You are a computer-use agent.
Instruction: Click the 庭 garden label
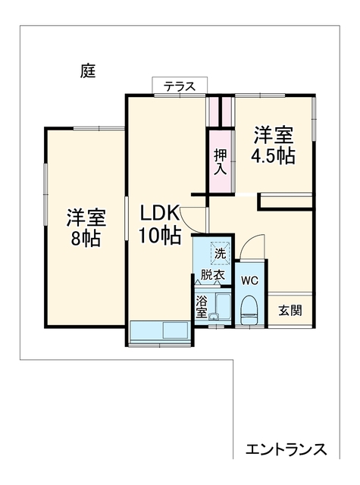[88, 71]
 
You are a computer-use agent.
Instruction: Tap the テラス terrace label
[180, 86]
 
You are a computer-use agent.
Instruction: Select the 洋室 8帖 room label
[86, 228]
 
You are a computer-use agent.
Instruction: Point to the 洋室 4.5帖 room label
[273, 145]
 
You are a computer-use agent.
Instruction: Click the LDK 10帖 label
[159, 224]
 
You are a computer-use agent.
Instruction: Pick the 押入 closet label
[221, 161]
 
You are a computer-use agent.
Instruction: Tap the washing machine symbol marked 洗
[221, 253]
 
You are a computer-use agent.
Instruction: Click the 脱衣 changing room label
[212, 274]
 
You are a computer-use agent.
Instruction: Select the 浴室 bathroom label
[202, 308]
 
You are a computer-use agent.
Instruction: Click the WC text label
[249, 281]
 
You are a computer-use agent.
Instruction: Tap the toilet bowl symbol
[249, 310]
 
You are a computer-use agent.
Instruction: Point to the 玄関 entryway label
[290, 311]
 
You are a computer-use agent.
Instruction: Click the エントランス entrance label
[286, 449]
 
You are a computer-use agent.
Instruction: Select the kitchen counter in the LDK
[160, 330]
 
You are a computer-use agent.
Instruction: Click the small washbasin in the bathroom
[214, 317]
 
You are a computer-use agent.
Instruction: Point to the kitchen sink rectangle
[175, 330]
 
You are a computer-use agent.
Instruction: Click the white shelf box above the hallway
[285, 202]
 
